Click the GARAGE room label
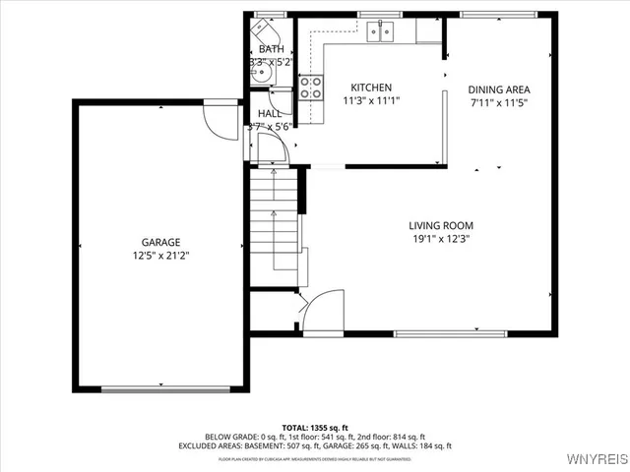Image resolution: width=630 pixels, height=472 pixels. tap(160, 242)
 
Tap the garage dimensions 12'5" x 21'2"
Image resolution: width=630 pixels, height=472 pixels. tap(160, 256)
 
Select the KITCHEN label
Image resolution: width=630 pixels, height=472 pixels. tap(371, 88)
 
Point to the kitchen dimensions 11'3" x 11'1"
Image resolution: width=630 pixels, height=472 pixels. tap(371, 100)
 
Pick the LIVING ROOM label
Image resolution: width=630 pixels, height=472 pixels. tap(441, 225)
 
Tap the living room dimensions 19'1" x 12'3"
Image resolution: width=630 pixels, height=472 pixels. tap(441, 238)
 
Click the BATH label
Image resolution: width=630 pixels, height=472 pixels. tap(271, 49)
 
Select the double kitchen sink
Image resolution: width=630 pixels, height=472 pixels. tap(380, 32)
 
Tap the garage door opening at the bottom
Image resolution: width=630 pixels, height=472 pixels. tap(157, 389)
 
